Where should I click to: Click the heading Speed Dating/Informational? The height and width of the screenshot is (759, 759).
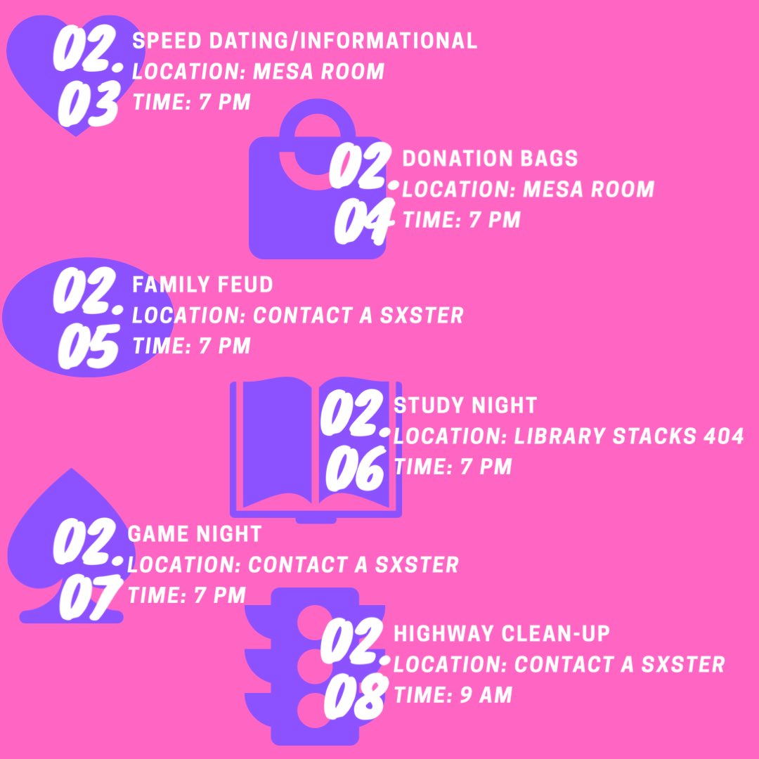tap(304, 41)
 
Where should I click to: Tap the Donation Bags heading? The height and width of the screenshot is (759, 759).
tap(489, 159)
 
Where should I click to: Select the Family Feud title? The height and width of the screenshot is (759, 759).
tap(202, 285)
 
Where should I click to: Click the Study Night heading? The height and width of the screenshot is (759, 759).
tap(465, 406)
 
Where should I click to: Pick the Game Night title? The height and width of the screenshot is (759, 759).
tap(194, 534)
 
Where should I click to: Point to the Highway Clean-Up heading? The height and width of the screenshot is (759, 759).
tap(501, 633)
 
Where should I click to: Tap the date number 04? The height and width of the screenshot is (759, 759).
tap(361, 223)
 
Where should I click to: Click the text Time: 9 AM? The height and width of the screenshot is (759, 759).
tap(453, 696)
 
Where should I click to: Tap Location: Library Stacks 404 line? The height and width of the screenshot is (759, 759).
tap(568, 436)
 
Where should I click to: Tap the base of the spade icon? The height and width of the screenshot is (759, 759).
tap(70, 617)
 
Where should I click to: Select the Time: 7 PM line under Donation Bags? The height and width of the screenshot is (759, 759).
tap(461, 220)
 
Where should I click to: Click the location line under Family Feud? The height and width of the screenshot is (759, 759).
tap(298, 316)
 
